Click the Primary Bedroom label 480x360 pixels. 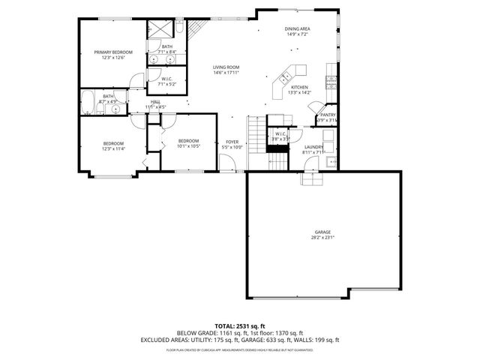coord(113,52)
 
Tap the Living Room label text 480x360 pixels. coord(225,67)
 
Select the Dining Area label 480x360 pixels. coord(297,29)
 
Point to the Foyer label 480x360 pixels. coord(232,142)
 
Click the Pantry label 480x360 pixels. coord(328,115)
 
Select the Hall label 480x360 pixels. coord(155,101)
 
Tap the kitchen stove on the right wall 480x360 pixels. coord(330,80)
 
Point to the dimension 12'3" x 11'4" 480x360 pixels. coord(113,148)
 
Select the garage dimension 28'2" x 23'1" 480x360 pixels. coord(322,238)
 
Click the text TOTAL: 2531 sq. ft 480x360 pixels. coord(239,326)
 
